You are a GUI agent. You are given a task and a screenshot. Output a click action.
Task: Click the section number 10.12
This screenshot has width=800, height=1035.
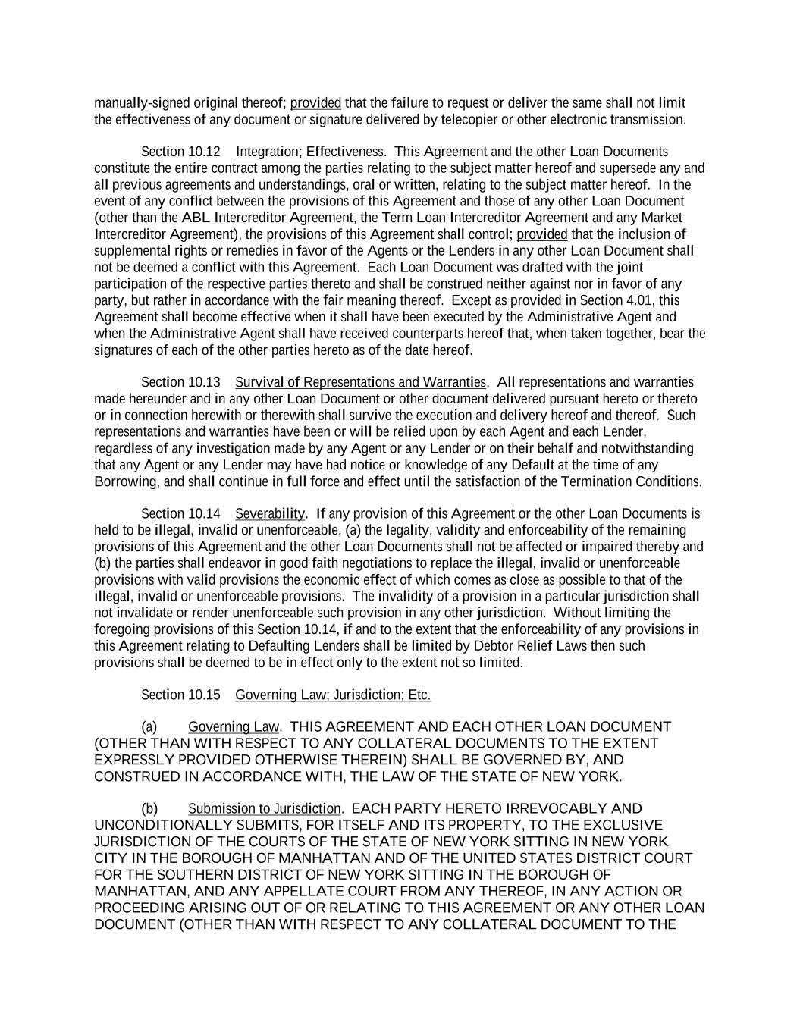pos(203,152)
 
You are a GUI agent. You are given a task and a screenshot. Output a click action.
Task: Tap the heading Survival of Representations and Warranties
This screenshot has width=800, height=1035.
pos(360,382)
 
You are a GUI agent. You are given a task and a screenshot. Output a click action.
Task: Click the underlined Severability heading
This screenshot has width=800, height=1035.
pos(270,514)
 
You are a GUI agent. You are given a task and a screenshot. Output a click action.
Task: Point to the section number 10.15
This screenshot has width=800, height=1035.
pos(203,695)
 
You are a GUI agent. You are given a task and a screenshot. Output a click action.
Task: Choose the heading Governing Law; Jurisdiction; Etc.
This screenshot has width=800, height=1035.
pos(333,695)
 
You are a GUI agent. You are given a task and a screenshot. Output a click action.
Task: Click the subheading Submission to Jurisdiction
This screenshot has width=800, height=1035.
pos(264,809)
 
